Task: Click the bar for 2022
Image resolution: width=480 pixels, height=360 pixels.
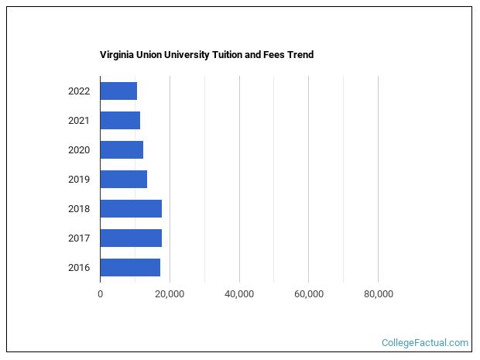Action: (118, 91)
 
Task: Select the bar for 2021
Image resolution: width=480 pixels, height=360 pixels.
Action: (120, 120)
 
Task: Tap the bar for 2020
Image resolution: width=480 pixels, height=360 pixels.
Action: (122, 149)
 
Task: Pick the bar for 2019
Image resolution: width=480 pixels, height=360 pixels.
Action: (123, 179)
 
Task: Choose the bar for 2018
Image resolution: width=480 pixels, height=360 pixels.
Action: (131, 208)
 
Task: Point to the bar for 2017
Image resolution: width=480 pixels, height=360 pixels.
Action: (131, 238)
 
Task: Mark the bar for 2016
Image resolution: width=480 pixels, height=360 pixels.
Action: (130, 267)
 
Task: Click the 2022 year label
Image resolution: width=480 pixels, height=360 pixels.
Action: (79, 91)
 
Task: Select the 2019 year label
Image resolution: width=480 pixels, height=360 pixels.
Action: (79, 180)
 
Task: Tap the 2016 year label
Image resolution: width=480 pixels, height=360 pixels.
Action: (79, 268)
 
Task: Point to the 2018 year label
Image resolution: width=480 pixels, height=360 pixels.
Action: (79, 209)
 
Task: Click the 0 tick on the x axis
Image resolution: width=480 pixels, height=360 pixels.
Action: (100, 294)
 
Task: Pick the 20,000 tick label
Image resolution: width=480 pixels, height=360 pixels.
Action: (170, 294)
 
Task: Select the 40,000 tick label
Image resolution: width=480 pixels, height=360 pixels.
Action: (239, 294)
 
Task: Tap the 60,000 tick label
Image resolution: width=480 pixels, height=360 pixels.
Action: (308, 294)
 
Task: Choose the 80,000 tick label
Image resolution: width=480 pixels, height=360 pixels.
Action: (378, 294)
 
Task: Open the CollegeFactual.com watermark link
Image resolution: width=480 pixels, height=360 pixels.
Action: (425, 342)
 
